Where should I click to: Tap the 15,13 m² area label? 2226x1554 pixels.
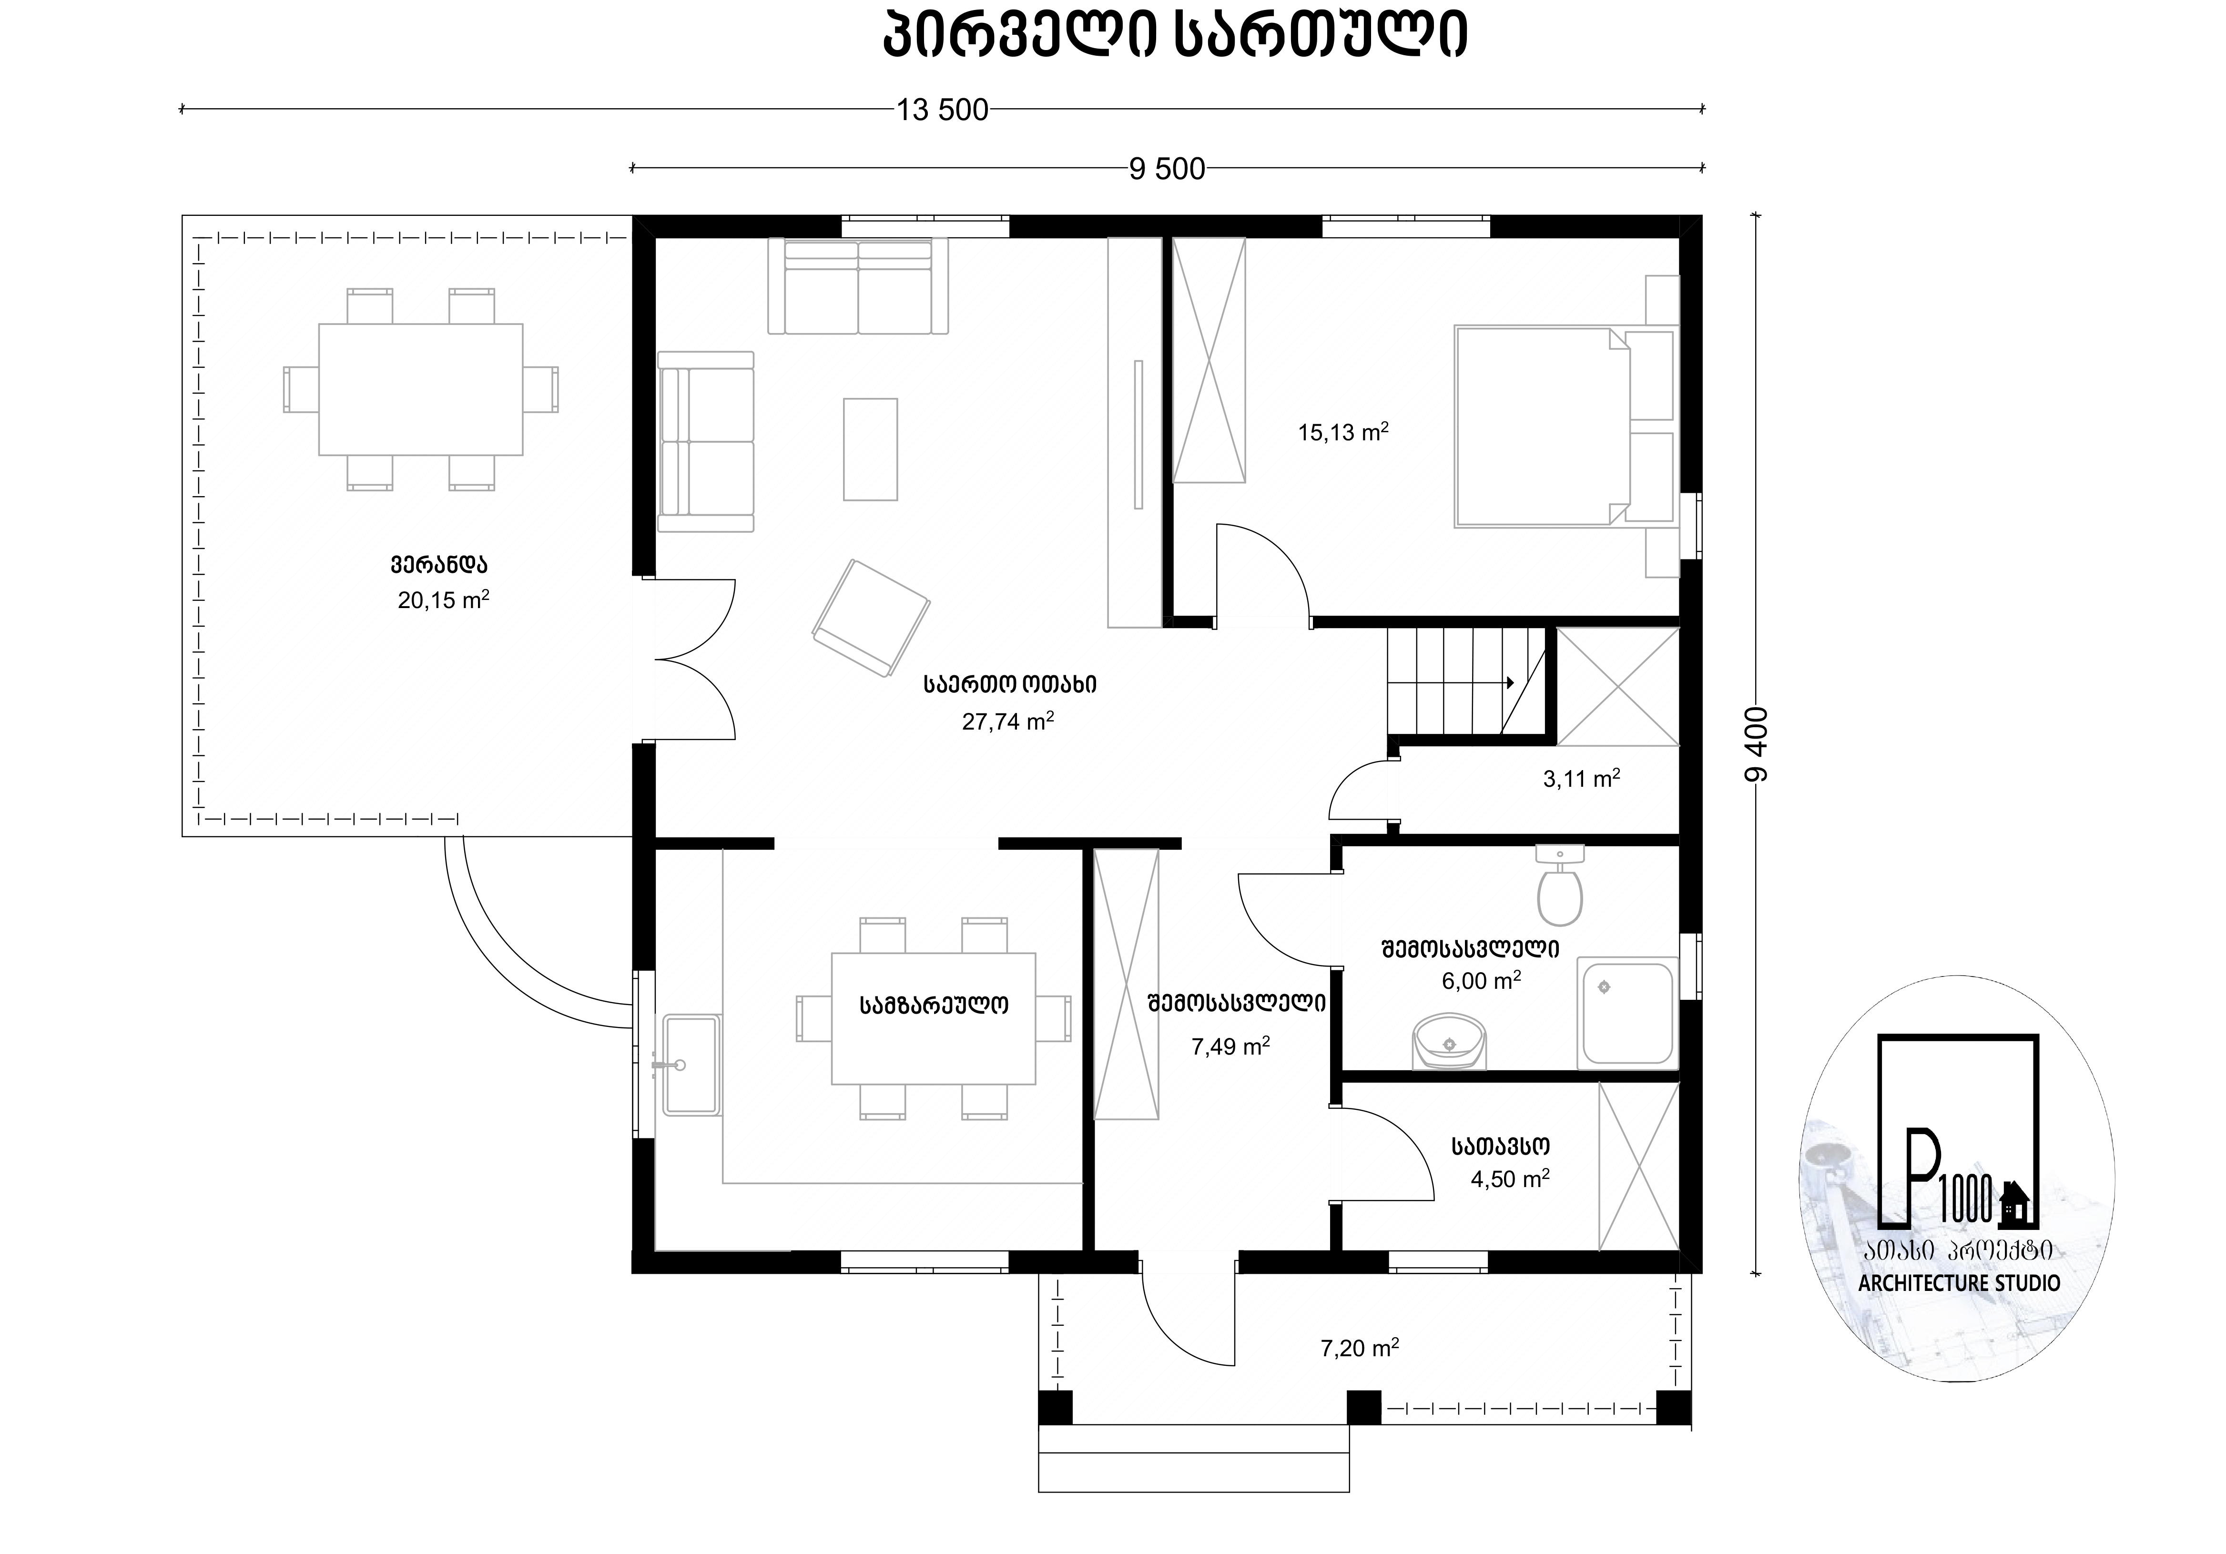point(1343,432)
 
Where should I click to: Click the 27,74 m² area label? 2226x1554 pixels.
point(1007,721)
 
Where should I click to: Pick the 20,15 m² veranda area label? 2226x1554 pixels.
point(443,600)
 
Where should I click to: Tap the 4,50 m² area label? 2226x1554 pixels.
point(1510,1179)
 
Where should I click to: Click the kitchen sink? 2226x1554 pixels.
point(691,1065)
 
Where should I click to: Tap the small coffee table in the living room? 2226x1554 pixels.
point(870,449)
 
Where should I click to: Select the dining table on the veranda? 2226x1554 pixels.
point(421,390)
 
